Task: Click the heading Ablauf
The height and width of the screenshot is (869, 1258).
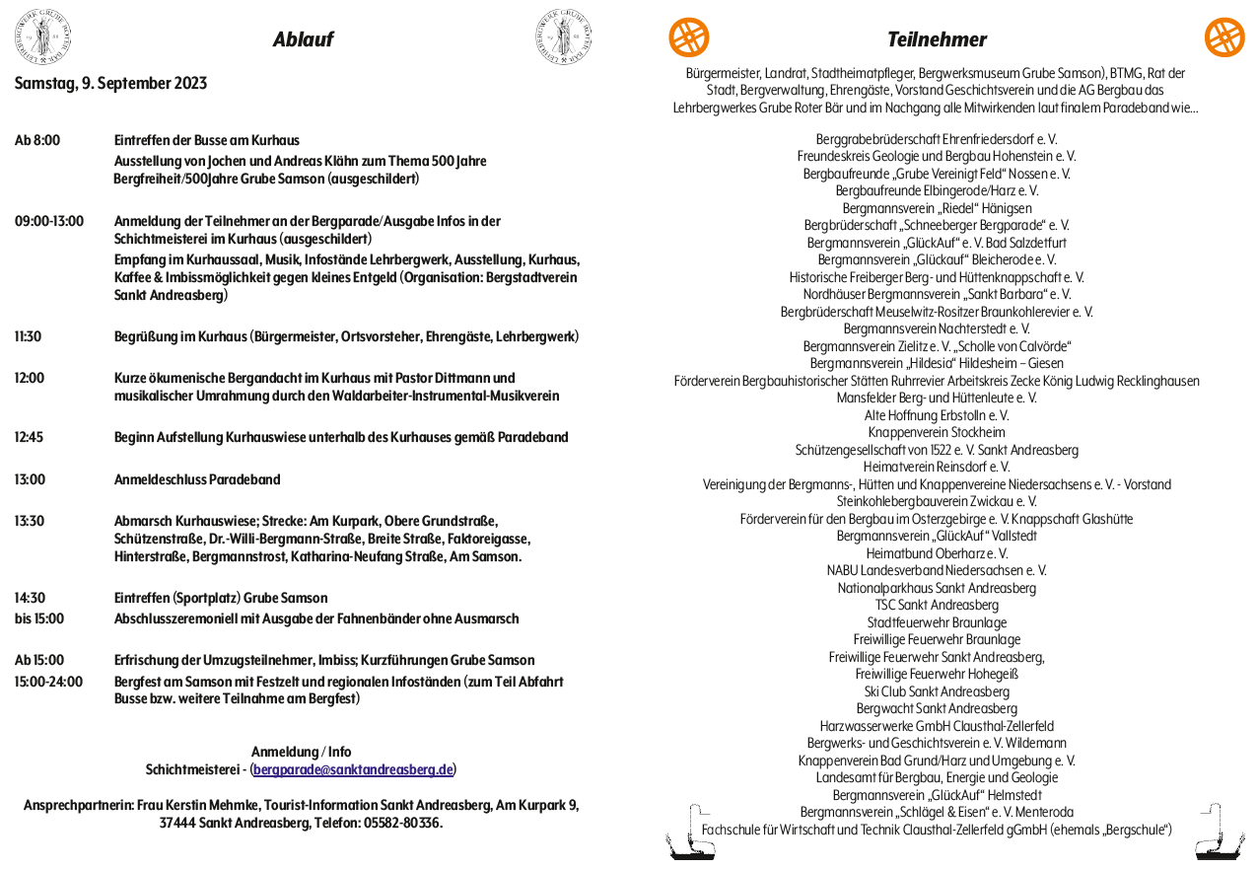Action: [303, 39]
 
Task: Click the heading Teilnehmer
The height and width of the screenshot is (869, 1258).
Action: [936, 39]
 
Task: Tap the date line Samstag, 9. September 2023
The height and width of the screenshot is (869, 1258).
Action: [110, 83]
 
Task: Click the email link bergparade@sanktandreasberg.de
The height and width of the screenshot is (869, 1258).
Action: [353, 769]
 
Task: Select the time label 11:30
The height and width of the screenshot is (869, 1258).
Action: [28, 336]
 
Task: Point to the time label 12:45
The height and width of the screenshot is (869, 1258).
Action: [29, 437]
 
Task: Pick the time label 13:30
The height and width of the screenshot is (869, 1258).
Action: [29, 521]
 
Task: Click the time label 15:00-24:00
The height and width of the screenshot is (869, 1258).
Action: [48, 682]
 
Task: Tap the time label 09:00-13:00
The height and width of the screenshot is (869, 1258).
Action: [49, 221]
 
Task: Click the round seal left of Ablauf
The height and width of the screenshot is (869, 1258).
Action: [42, 36]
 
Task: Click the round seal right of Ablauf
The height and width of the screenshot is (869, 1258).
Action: [564, 36]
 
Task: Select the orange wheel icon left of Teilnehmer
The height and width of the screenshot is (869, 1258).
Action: [689, 37]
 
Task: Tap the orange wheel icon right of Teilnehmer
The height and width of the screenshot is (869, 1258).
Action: [1224, 37]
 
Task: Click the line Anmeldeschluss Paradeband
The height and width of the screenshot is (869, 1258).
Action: [197, 479]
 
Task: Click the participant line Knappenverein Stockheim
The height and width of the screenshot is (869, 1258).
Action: [936, 432]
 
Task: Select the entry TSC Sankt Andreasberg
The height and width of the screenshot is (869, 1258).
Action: [936, 605]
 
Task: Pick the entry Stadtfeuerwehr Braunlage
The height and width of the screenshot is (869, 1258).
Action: [936, 622]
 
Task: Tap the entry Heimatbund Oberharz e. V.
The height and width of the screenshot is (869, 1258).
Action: [936, 553]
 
